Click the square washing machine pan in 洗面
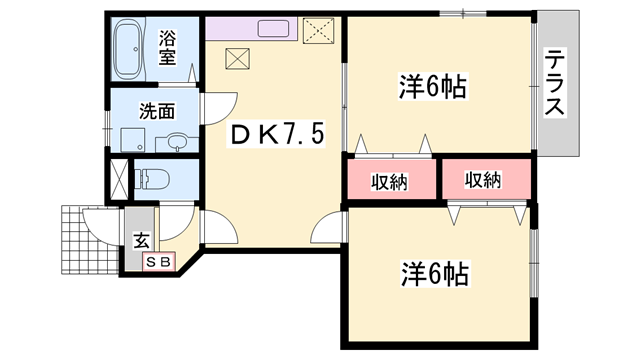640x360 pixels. (130, 139)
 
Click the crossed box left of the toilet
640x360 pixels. (118, 180)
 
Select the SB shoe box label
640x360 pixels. (160, 262)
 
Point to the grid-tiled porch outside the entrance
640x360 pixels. (88, 240)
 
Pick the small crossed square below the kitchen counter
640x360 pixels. (238, 59)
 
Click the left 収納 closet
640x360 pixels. (391, 181)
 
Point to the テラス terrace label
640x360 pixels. (556, 84)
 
